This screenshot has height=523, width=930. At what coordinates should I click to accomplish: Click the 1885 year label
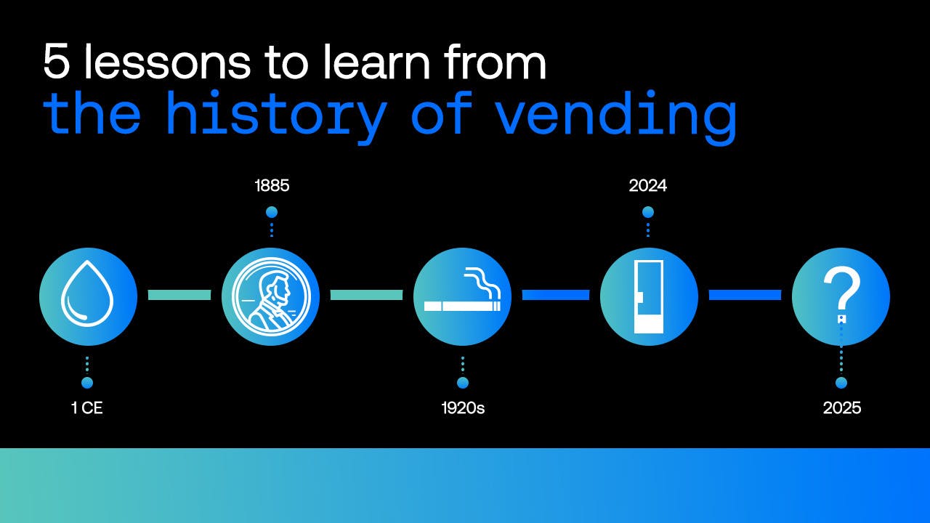(x=272, y=186)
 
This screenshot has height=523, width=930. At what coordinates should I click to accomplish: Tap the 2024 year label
(x=647, y=186)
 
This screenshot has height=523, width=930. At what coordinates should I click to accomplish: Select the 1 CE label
(x=87, y=408)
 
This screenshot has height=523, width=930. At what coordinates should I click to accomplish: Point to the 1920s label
(x=463, y=408)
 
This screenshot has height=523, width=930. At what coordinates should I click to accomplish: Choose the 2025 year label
(x=841, y=408)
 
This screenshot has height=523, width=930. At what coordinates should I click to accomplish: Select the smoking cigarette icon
(x=463, y=295)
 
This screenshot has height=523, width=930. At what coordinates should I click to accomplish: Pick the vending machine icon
(x=649, y=295)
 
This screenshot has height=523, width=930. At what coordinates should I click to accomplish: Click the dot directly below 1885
(x=272, y=212)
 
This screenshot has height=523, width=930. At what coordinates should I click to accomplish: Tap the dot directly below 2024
(x=647, y=212)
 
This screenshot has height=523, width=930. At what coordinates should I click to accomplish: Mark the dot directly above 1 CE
(x=87, y=383)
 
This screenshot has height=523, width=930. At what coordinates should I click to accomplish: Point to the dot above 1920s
(x=463, y=383)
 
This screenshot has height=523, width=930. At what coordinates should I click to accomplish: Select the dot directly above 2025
(x=841, y=383)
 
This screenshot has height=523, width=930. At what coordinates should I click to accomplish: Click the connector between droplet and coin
(x=179, y=295)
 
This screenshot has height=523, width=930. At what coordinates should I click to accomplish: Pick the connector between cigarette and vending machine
(x=555, y=295)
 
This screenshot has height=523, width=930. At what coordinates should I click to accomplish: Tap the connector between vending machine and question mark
(x=745, y=295)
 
